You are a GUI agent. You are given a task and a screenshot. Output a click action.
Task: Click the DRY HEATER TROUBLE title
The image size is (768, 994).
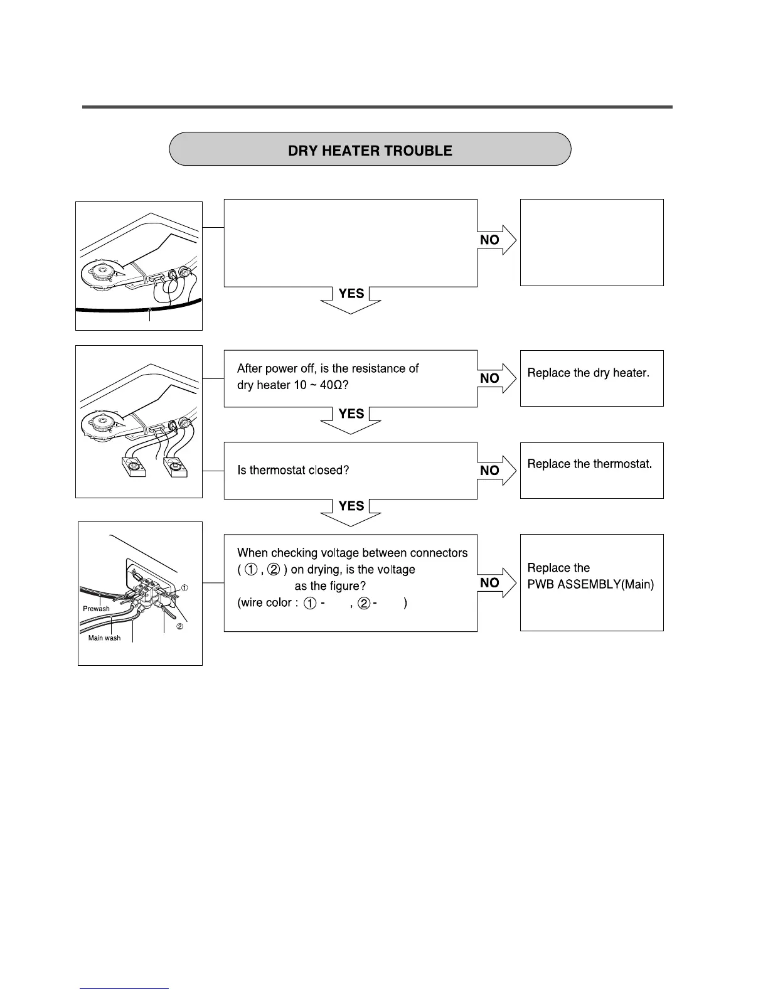tap(370, 151)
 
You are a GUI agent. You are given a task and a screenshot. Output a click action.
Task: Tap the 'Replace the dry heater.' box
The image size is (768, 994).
tap(591, 378)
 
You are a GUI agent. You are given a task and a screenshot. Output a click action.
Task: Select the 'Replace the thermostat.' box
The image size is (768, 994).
tap(591, 470)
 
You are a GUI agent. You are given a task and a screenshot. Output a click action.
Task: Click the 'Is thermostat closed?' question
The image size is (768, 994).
tap(293, 470)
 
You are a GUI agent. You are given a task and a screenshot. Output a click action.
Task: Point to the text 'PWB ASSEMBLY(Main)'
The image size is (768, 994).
tap(590, 584)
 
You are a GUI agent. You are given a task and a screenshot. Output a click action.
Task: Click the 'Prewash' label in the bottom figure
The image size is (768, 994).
tap(96, 609)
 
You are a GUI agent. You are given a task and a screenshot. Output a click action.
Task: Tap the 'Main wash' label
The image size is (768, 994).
tap(104, 638)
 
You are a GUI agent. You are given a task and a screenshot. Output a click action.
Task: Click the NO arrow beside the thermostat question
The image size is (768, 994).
tap(496, 471)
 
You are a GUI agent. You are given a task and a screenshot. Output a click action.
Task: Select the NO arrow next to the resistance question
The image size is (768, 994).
tap(496, 378)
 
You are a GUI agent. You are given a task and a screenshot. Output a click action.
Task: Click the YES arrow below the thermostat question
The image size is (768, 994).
tap(351, 510)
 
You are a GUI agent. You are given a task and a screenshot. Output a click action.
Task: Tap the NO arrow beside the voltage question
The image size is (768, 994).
tap(496, 583)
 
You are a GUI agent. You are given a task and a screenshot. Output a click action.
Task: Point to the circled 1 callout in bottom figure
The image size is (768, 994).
tap(185, 588)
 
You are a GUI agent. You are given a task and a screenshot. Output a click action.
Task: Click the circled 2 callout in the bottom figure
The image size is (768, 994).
tap(179, 628)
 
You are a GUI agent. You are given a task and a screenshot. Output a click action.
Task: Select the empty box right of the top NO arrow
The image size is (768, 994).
tap(591, 242)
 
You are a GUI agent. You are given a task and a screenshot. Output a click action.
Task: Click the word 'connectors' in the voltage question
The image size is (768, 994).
tap(439, 553)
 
